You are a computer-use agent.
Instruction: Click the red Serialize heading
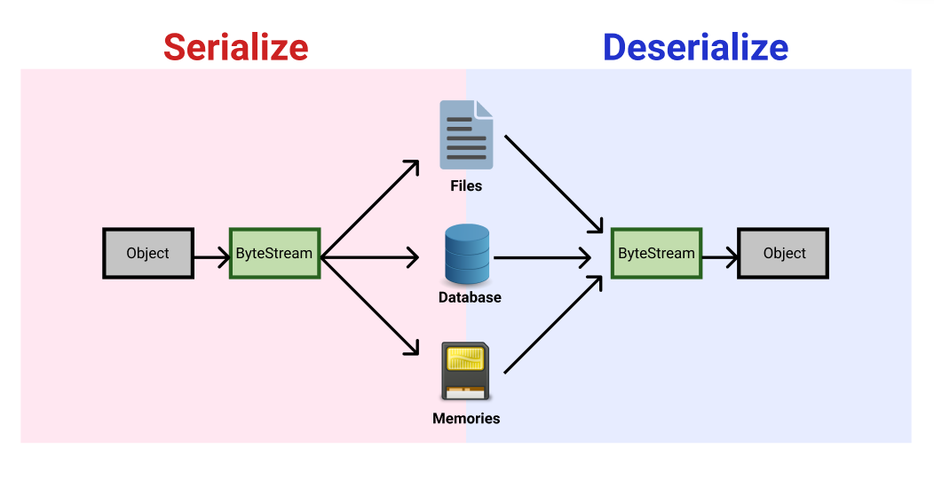[235, 46]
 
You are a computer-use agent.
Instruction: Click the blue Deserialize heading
[695, 46]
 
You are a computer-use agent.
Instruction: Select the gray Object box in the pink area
[148, 254]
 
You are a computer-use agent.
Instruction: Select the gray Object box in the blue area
[784, 254]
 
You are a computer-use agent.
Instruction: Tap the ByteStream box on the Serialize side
[274, 254]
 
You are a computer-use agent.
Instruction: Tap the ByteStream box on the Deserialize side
[656, 254]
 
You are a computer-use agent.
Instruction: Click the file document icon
[466, 135]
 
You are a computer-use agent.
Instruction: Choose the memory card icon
[465, 370]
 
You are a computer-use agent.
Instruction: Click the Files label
[466, 186]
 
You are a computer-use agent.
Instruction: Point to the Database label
[470, 298]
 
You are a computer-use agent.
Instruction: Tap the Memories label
[466, 418]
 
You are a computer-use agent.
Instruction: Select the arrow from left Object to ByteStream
[211, 258]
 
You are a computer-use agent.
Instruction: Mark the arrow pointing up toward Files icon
[368, 209]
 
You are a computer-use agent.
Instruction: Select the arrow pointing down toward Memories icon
[368, 306]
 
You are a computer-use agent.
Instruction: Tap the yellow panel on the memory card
[465, 359]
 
